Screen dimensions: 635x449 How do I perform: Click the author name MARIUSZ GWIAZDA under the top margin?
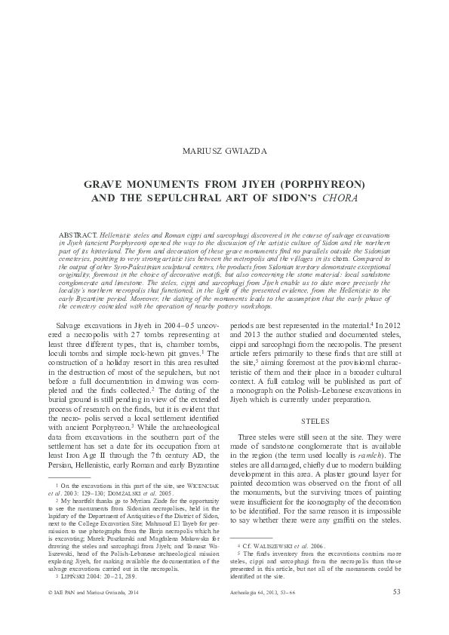[x=224, y=150]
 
